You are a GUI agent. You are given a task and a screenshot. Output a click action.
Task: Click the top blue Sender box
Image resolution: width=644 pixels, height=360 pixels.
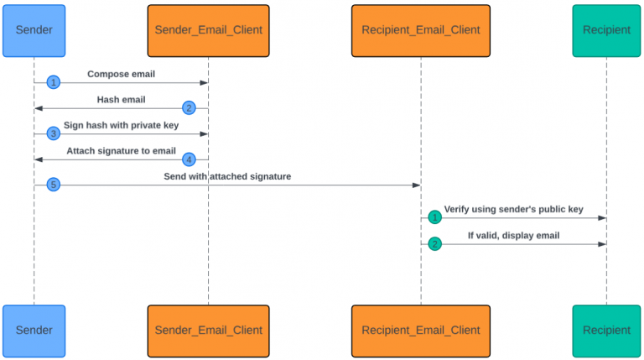click(34, 30)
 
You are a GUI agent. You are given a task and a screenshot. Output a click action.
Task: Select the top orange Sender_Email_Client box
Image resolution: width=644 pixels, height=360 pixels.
click(208, 30)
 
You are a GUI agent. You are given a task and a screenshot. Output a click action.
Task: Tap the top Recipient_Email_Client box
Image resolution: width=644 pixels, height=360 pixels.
click(421, 30)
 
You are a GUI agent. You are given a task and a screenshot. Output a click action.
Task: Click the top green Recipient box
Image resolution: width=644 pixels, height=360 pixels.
click(606, 30)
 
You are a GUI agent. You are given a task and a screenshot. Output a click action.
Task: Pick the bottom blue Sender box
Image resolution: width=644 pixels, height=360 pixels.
click(34, 331)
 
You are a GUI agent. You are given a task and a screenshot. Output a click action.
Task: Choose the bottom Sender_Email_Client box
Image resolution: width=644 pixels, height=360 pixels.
click(208, 331)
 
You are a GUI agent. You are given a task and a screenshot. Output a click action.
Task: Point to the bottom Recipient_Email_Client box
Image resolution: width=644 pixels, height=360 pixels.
click(421, 331)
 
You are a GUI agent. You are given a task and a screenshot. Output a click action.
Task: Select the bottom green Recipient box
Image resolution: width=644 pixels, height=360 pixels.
click(606, 331)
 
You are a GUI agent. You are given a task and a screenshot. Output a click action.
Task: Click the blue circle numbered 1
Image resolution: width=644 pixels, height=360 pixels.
click(54, 82)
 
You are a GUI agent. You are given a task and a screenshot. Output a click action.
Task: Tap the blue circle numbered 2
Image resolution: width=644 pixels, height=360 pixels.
click(190, 108)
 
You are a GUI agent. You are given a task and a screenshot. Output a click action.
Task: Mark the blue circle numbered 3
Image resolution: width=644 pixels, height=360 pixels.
click(54, 133)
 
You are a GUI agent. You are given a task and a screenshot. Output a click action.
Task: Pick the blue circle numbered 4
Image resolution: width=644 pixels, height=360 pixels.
click(190, 159)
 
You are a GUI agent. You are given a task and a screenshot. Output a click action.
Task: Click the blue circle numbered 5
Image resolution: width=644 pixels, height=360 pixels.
click(54, 185)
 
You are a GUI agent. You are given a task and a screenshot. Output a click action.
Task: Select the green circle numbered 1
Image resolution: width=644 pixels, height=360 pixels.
click(434, 217)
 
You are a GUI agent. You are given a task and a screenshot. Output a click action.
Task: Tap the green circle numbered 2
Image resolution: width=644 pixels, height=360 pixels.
click(434, 243)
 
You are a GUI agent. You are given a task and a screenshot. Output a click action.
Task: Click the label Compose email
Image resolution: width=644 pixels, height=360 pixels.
click(121, 74)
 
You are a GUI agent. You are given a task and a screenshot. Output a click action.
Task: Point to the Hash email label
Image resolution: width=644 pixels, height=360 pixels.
click(121, 100)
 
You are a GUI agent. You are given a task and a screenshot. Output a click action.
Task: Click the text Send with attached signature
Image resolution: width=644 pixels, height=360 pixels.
click(227, 176)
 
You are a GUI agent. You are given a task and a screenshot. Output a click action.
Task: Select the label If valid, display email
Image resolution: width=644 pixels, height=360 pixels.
click(513, 236)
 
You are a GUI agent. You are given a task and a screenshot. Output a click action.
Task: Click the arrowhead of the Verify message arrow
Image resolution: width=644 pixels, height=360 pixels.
click(602, 218)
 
